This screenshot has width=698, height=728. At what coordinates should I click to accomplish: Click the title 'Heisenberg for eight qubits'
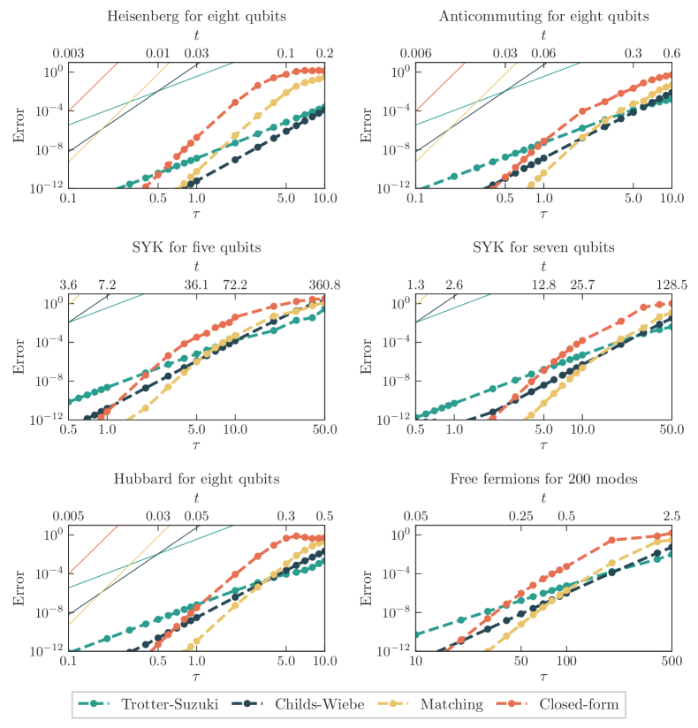197,16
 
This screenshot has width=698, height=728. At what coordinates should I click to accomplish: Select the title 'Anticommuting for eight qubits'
542,16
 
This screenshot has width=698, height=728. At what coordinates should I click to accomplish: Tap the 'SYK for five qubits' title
197,247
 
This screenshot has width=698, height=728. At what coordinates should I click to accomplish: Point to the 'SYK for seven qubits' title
542,247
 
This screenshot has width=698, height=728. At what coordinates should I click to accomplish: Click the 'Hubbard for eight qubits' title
197,479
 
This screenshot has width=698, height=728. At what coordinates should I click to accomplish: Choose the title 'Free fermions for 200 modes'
542,479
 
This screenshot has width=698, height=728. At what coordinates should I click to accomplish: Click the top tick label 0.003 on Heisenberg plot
69,55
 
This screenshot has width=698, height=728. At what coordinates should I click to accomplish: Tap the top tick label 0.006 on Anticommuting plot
416,55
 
